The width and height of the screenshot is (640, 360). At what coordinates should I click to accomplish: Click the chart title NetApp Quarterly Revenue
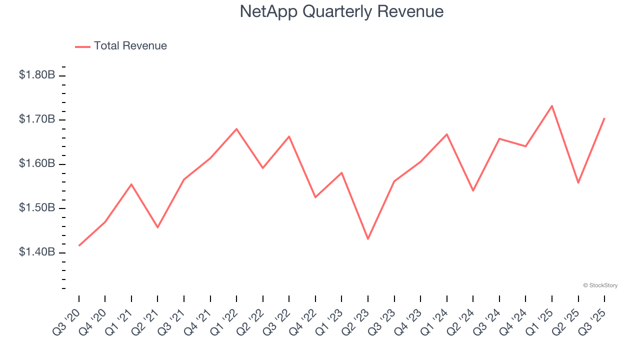click(x=341, y=11)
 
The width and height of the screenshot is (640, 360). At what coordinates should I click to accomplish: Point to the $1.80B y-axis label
click(x=37, y=75)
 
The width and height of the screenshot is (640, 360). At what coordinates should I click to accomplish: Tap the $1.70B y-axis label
click(x=37, y=119)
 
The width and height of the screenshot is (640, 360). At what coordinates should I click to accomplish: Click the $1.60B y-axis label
click(x=37, y=164)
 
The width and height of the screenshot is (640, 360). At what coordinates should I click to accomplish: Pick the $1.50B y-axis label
click(x=37, y=208)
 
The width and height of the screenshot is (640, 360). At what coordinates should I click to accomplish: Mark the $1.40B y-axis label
click(x=37, y=252)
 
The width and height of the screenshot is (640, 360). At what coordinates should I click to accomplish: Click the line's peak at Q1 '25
click(x=552, y=106)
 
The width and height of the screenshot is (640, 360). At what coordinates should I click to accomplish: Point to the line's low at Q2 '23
click(x=368, y=239)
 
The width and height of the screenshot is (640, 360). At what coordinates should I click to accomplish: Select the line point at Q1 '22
click(x=236, y=129)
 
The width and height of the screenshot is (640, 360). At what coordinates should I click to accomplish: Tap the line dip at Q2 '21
click(x=157, y=227)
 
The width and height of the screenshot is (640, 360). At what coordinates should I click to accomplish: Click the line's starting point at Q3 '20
click(x=79, y=245)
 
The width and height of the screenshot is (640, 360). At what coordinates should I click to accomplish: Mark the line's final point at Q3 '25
click(x=604, y=118)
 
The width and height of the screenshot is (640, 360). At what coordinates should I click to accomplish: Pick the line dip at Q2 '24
click(x=473, y=190)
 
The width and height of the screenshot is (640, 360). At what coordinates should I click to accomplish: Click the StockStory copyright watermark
click(x=600, y=285)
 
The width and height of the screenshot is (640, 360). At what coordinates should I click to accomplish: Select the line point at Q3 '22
click(x=289, y=136)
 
